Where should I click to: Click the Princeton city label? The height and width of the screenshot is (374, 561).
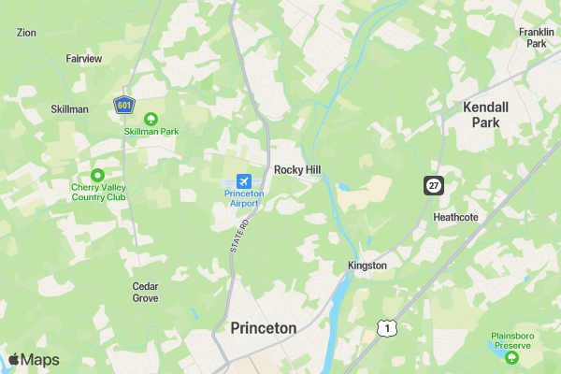pyautogui.click(x=263, y=328)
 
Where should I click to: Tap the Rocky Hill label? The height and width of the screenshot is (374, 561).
pyautogui.click(x=298, y=170)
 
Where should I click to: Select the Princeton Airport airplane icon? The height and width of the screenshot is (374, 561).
pyautogui.click(x=244, y=179)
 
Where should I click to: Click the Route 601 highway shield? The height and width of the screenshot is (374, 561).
pyautogui.click(x=124, y=105)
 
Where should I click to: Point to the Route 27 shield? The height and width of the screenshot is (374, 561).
pyautogui.click(x=433, y=185)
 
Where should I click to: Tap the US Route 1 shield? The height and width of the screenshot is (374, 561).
pyautogui.click(x=384, y=327)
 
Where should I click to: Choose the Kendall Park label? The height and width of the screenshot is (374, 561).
pyautogui.click(x=486, y=115)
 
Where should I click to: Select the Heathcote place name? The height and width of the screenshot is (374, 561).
pyautogui.click(x=455, y=217)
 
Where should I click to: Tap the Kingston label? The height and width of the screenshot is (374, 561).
pyautogui.click(x=367, y=266)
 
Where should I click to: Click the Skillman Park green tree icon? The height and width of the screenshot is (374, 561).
pyautogui.click(x=151, y=119)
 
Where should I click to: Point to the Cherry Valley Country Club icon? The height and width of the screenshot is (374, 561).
pyautogui.click(x=97, y=175)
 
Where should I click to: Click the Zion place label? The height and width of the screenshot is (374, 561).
pyautogui.click(x=26, y=32)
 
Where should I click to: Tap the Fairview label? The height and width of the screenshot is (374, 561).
pyautogui.click(x=83, y=58)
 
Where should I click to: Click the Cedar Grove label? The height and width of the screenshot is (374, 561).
pyautogui.click(x=145, y=292)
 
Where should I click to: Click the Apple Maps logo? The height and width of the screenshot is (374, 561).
pyautogui.click(x=34, y=360)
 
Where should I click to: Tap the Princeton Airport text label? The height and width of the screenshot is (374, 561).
pyautogui.click(x=244, y=197)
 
